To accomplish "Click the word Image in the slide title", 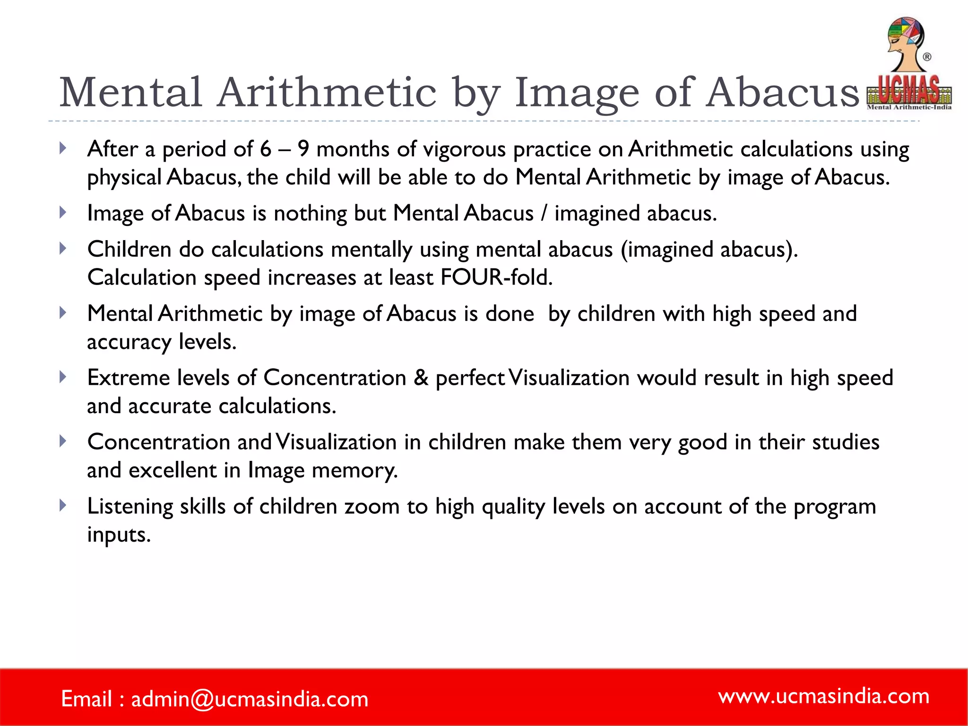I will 576,93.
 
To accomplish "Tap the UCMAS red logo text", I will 908,90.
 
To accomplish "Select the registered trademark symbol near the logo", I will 927,57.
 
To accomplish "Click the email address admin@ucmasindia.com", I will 250,699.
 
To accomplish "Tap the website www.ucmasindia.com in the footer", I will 823,696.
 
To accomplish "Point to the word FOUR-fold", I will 496,277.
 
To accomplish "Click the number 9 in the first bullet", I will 303,149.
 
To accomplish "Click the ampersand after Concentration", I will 421,378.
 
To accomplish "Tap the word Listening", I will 130,507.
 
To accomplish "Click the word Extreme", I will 128,378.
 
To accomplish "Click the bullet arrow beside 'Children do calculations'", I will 63,249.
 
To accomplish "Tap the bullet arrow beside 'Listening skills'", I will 63,506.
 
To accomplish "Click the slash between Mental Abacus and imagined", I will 544,214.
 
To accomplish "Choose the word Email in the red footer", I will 86,699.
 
